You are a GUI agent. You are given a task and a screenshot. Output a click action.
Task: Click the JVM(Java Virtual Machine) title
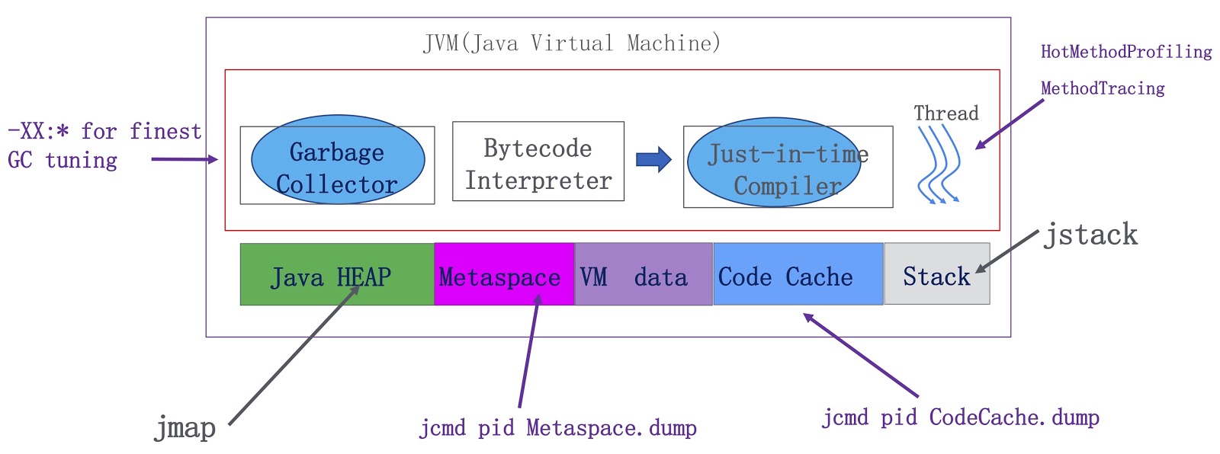pyautogui.click(x=572, y=43)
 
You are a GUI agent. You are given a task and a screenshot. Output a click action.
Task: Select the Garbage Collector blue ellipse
pyautogui.click(x=338, y=159)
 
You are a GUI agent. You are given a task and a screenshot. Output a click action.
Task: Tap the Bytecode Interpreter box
pyautogui.click(x=538, y=161)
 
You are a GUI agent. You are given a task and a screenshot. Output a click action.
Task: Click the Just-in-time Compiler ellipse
pyautogui.click(x=774, y=162)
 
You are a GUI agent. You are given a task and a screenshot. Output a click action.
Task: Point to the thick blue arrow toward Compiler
pyautogui.click(x=653, y=159)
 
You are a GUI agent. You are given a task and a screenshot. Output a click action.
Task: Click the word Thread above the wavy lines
pyautogui.click(x=946, y=113)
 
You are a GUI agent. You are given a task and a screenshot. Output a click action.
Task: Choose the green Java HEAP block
pyautogui.click(x=337, y=273)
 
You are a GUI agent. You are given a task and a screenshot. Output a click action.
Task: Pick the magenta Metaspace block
pyautogui.click(x=504, y=273)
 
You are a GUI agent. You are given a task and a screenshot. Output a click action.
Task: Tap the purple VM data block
pyautogui.click(x=644, y=273)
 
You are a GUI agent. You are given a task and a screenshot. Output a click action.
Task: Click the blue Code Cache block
pyautogui.click(x=798, y=273)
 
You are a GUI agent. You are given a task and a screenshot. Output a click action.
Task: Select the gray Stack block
pyautogui.click(x=937, y=273)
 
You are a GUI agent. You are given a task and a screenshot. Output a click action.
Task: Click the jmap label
pyautogui.click(x=185, y=428)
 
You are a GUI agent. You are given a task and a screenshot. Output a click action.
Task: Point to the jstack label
pyautogui.click(x=1090, y=235)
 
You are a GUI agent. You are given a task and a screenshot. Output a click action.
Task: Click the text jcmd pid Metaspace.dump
pyautogui.click(x=557, y=428)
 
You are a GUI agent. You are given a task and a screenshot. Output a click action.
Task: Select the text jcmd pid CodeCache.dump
pyautogui.click(x=961, y=417)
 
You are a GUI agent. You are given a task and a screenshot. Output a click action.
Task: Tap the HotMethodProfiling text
pyautogui.click(x=1126, y=52)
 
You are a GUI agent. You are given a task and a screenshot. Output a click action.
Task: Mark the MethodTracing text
pyautogui.click(x=1103, y=88)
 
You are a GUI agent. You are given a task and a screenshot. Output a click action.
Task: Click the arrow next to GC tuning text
pyautogui.click(x=185, y=159)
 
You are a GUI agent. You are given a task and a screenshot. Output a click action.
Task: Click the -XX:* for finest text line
pyautogui.click(x=104, y=132)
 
